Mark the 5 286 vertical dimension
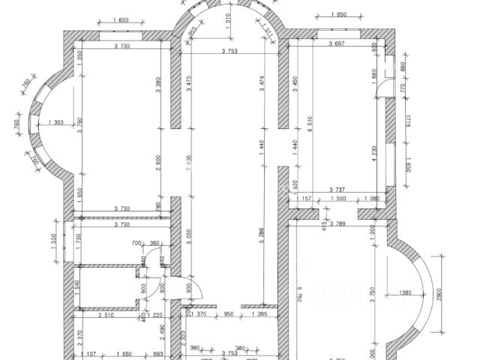tap(262, 242)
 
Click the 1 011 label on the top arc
tap(268, 31)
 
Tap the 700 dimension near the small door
tap(136, 244)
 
